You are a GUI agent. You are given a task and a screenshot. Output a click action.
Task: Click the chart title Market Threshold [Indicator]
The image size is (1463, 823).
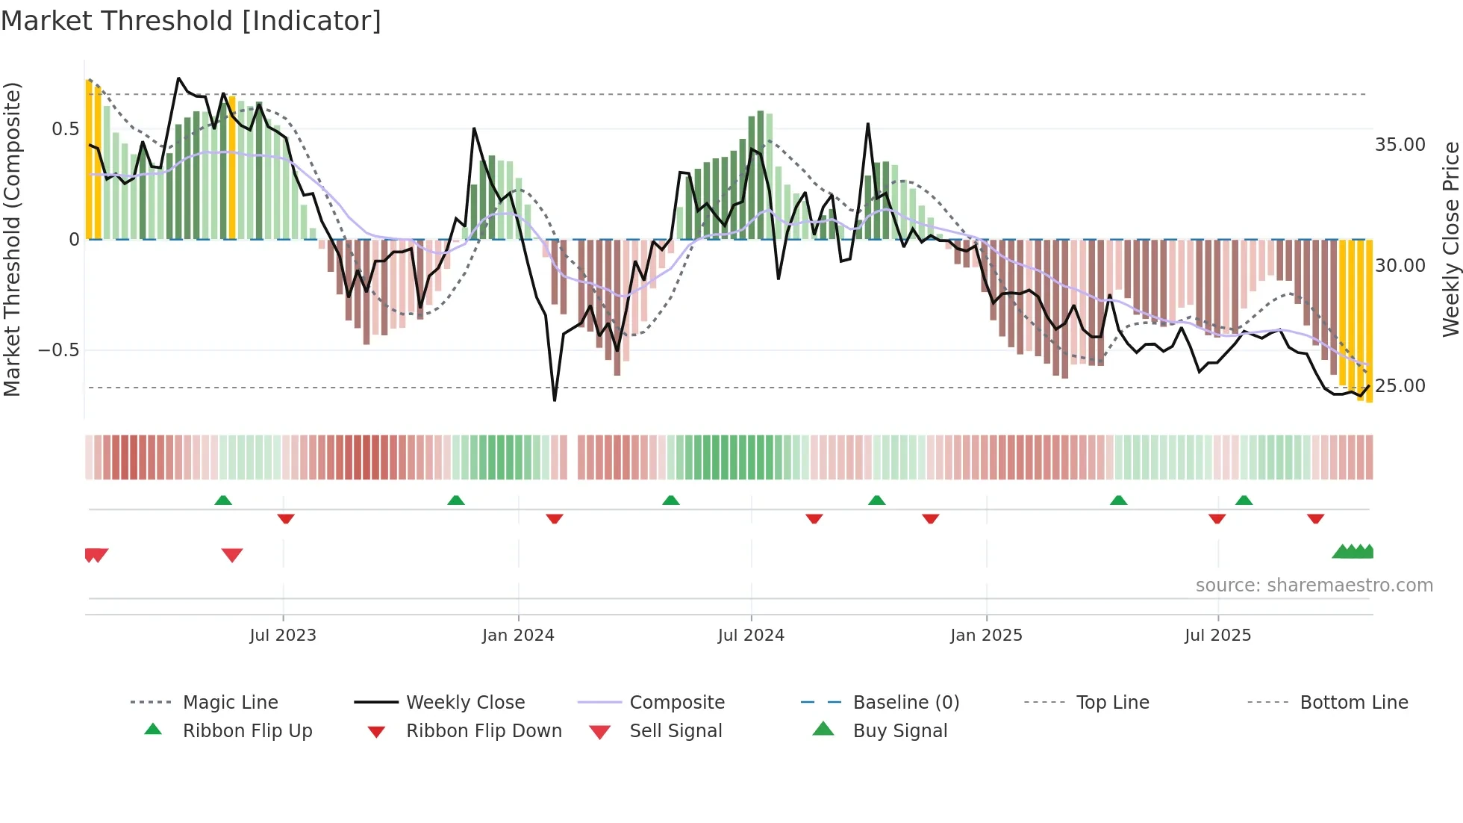191,21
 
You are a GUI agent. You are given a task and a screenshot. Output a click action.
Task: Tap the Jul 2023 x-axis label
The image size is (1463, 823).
283,636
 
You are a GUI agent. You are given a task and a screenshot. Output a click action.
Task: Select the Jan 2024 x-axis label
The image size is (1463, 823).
518,636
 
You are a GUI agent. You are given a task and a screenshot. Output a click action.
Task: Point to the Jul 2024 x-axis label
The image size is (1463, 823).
751,636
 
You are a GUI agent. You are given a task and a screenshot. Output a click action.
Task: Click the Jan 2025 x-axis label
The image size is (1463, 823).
986,636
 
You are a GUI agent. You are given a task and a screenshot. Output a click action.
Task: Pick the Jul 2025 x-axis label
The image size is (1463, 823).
1217,636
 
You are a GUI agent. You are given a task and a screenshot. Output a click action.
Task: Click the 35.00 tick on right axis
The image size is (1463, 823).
1400,145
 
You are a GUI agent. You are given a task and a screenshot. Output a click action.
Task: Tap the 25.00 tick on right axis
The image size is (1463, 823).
1400,386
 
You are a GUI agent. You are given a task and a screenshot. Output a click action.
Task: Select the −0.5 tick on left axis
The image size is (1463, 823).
58,350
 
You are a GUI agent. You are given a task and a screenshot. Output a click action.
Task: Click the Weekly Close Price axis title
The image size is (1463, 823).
1450,239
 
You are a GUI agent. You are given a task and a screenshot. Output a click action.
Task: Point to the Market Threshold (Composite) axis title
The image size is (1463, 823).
12,239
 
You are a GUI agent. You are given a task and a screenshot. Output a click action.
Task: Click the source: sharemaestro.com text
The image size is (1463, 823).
1314,586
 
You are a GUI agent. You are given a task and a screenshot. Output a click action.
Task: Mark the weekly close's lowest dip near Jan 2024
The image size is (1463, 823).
555,400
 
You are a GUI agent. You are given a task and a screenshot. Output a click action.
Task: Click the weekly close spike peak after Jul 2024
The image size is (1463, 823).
868,124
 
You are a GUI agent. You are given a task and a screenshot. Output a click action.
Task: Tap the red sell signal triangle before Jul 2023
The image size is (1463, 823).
232,555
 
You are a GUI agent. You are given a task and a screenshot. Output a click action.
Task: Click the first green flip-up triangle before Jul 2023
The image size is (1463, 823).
223,500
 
